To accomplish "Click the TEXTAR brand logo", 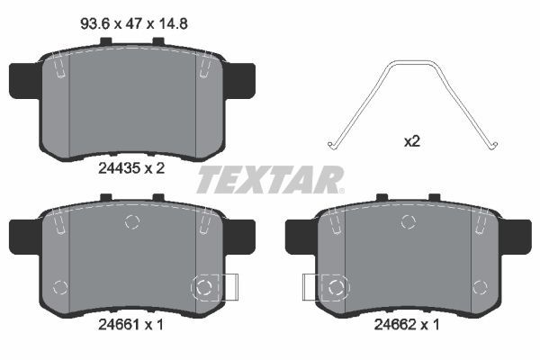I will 270,179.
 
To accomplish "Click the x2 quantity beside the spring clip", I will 413,141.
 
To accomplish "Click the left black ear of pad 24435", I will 23,81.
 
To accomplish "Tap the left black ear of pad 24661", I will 23,235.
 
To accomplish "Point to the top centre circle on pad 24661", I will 132,222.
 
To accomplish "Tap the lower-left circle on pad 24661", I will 61,288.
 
